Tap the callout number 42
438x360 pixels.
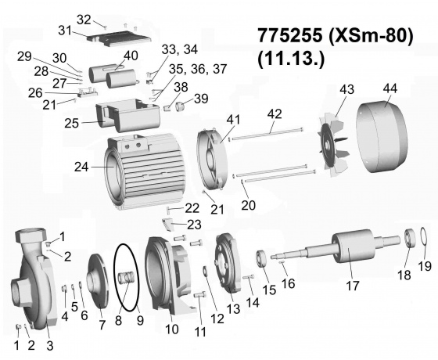click(275, 113)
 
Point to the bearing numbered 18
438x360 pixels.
click(411, 238)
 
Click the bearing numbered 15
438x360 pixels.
click(262, 259)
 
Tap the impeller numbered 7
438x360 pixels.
click(97, 281)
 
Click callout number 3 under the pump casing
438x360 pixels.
click(49, 346)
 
